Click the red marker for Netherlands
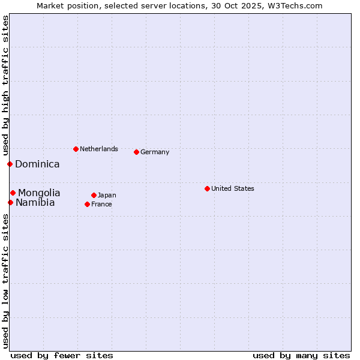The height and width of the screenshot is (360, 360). point(76,149)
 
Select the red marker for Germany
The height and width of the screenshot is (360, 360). point(136,152)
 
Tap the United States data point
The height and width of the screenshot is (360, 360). point(207,188)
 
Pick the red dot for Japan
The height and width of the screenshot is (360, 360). point(94,195)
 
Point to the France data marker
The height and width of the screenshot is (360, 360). point(87,204)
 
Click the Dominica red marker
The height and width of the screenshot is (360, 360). point(10,164)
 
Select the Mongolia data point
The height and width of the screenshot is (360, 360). point(13,193)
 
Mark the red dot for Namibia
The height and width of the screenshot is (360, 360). point(10,202)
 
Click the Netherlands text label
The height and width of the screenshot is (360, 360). point(99,149)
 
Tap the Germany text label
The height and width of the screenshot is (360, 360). point(155,152)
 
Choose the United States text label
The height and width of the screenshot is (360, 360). point(233,188)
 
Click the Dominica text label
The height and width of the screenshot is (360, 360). point(37,164)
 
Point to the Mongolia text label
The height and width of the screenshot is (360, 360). point(39,193)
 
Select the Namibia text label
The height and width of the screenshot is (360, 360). point(35,203)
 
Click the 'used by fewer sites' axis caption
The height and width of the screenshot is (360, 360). point(62,355)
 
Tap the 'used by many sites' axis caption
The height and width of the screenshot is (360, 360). point(301,355)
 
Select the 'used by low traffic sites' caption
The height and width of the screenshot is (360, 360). point(5,281)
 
